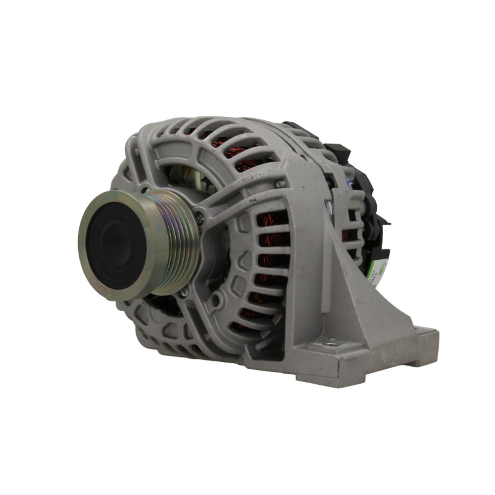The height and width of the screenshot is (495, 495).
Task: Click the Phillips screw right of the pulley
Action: (x=199, y=215)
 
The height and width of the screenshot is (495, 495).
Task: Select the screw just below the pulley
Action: (x=184, y=293)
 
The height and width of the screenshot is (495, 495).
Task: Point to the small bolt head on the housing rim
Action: (x=281, y=184)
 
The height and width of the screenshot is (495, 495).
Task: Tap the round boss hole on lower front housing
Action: (x=215, y=300)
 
